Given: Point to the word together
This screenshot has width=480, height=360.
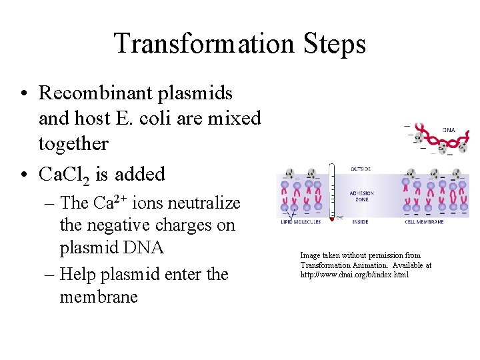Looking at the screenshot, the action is pos(73,143).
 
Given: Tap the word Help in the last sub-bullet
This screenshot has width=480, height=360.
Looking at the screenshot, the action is pos(79,274).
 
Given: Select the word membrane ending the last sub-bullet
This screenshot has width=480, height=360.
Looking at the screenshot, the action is pos(99,297).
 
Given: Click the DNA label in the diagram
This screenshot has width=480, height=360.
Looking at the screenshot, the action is pos(449,131).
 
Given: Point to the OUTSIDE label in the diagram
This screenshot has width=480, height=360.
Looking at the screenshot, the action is pos(361,169).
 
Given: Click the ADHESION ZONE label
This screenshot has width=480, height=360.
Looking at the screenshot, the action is pos(362,196).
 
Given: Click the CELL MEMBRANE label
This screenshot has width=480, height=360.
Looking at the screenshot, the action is pos(424,222).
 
